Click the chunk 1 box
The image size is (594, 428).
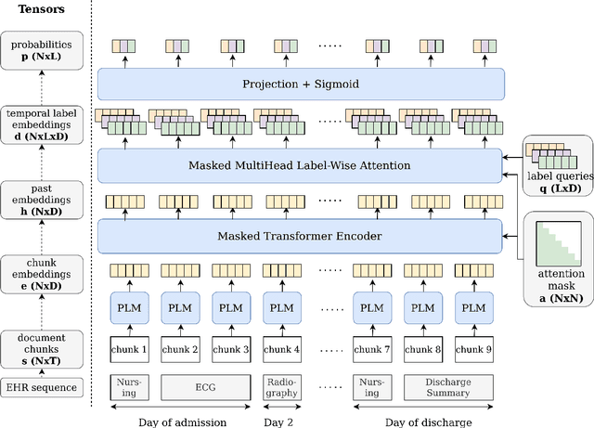130,349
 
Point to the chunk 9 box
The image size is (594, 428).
474,349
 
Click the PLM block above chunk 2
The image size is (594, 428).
179,308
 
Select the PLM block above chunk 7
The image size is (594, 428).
371,308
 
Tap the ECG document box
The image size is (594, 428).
205,387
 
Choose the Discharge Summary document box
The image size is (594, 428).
447,387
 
